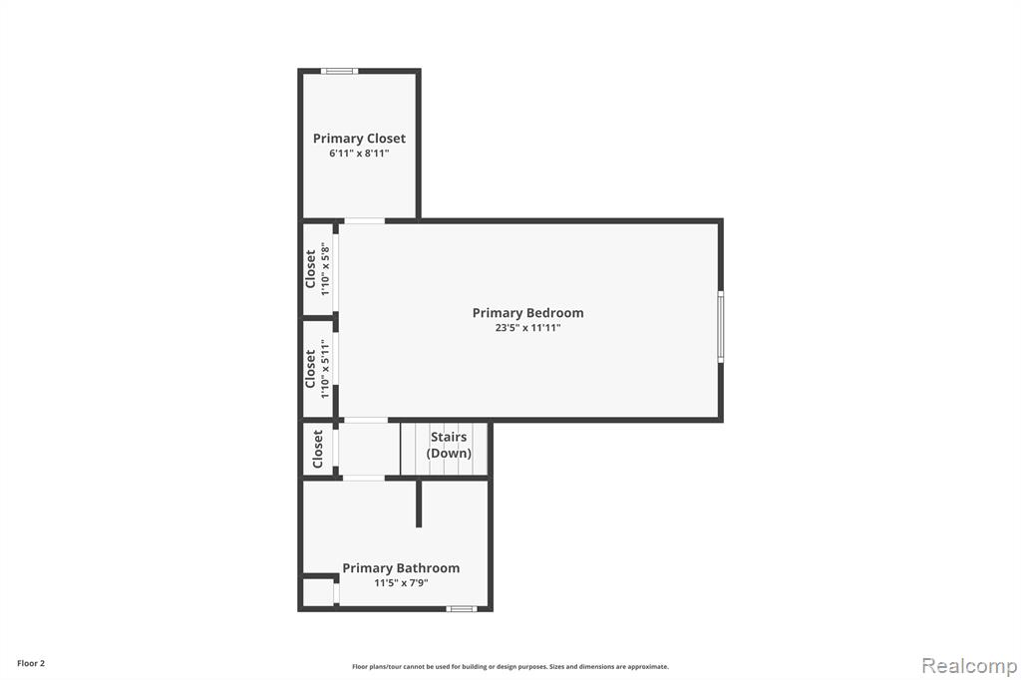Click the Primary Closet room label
tap(359, 138)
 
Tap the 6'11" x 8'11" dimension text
tap(359, 154)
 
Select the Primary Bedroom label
tap(527, 313)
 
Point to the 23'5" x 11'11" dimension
tap(527, 328)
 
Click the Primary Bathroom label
tap(401, 568)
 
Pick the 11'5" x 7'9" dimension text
tap(401, 583)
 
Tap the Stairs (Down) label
tap(449, 445)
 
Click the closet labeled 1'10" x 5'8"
tap(318, 268)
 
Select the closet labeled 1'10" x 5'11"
tap(318, 369)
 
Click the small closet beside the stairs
tap(318, 449)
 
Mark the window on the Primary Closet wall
tap(339, 71)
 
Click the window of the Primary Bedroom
tap(721, 326)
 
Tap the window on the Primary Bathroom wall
tap(461, 609)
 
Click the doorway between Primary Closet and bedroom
tap(364, 220)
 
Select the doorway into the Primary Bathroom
tap(363, 478)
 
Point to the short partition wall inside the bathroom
tap(419, 504)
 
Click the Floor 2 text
tap(31, 664)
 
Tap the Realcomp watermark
tap(969, 666)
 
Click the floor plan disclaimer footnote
tap(510, 667)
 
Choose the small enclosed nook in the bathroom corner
tap(318, 592)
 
